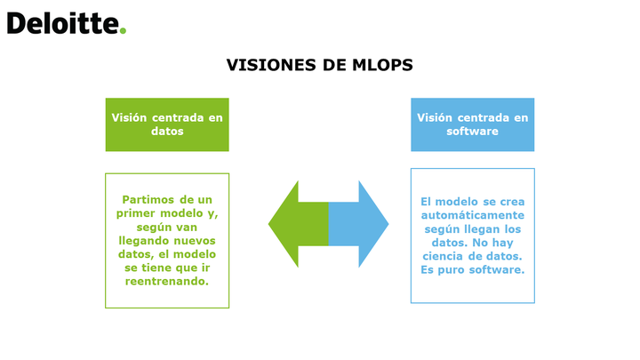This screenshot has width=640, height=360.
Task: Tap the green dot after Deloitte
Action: coord(123,30)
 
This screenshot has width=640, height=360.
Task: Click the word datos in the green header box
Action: coord(167,131)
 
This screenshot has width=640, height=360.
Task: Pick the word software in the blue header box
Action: coord(472,131)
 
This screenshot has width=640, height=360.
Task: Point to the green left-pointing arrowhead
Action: coord(284,224)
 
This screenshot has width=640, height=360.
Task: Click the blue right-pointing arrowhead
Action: coord(373,224)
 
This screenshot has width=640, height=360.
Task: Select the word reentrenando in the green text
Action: coord(167,281)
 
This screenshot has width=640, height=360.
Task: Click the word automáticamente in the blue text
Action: coord(473,215)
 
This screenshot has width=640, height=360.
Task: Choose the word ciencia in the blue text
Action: coord(444,256)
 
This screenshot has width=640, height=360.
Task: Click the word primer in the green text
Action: coord(136,213)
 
